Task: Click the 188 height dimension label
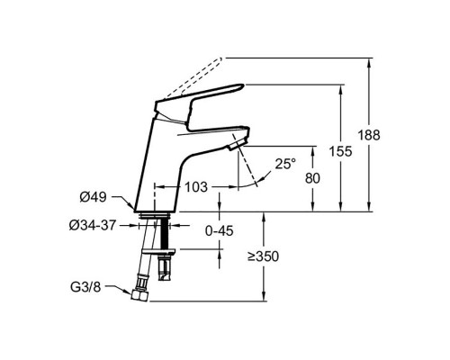click(369, 135)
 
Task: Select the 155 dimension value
click(340, 151)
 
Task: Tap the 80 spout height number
click(312, 178)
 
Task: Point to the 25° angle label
click(285, 164)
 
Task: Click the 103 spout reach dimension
click(196, 187)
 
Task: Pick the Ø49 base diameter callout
click(93, 197)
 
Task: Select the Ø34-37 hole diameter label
click(93, 225)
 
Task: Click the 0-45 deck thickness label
click(220, 231)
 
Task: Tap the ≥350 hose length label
click(263, 256)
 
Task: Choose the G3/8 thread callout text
click(85, 287)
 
